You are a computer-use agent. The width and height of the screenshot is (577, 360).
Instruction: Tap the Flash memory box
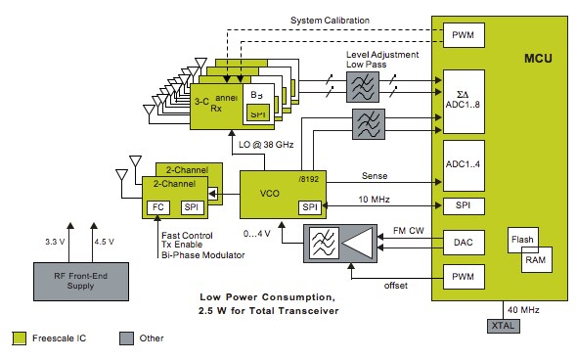(521, 240)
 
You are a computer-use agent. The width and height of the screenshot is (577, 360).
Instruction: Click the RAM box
(536, 259)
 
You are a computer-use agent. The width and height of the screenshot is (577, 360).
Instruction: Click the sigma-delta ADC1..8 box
(461, 92)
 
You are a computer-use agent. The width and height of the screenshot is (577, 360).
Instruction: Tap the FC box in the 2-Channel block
(158, 208)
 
